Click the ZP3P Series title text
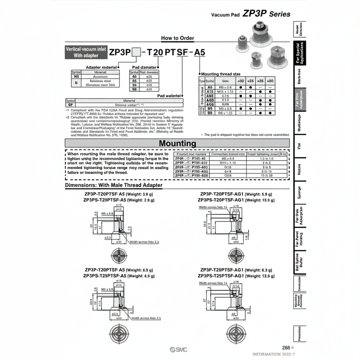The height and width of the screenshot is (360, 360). [x=266, y=14]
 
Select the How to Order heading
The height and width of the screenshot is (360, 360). [x=177, y=38]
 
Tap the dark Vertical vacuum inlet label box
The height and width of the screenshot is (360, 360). [x=86, y=52]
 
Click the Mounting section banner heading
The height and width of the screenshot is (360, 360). [x=177, y=143]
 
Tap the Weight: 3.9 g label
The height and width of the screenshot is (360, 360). [x=140, y=194]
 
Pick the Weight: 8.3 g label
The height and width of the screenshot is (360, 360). [x=140, y=270]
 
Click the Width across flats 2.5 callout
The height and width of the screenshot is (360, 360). [x=144, y=242]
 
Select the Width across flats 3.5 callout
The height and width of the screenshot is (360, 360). [x=146, y=318]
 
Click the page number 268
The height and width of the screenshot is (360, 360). [x=286, y=347]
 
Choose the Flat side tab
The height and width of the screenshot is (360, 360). [x=299, y=146]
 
